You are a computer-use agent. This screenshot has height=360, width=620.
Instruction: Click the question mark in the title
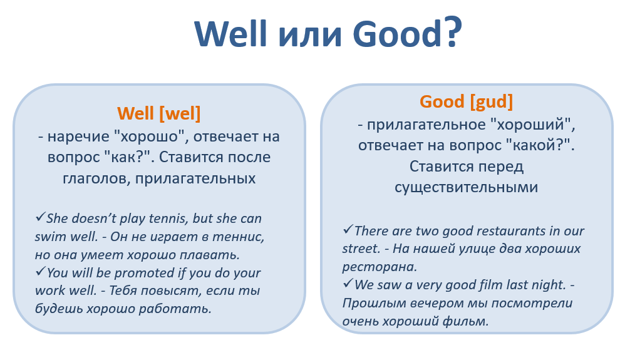[452, 31]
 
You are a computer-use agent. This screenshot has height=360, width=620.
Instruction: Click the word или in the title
[309, 35]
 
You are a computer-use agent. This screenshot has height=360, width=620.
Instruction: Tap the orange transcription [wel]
[180, 114]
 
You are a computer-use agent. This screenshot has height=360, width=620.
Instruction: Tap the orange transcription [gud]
[492, 101]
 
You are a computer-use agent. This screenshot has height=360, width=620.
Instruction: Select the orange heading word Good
[442, 101]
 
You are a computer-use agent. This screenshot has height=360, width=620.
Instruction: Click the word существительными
[466, 187]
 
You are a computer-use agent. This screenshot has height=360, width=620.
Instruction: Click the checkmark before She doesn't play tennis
[40, 217]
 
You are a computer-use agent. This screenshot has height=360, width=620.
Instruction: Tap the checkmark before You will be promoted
[40, 271]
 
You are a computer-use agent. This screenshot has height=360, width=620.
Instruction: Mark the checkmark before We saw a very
[348, 283]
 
